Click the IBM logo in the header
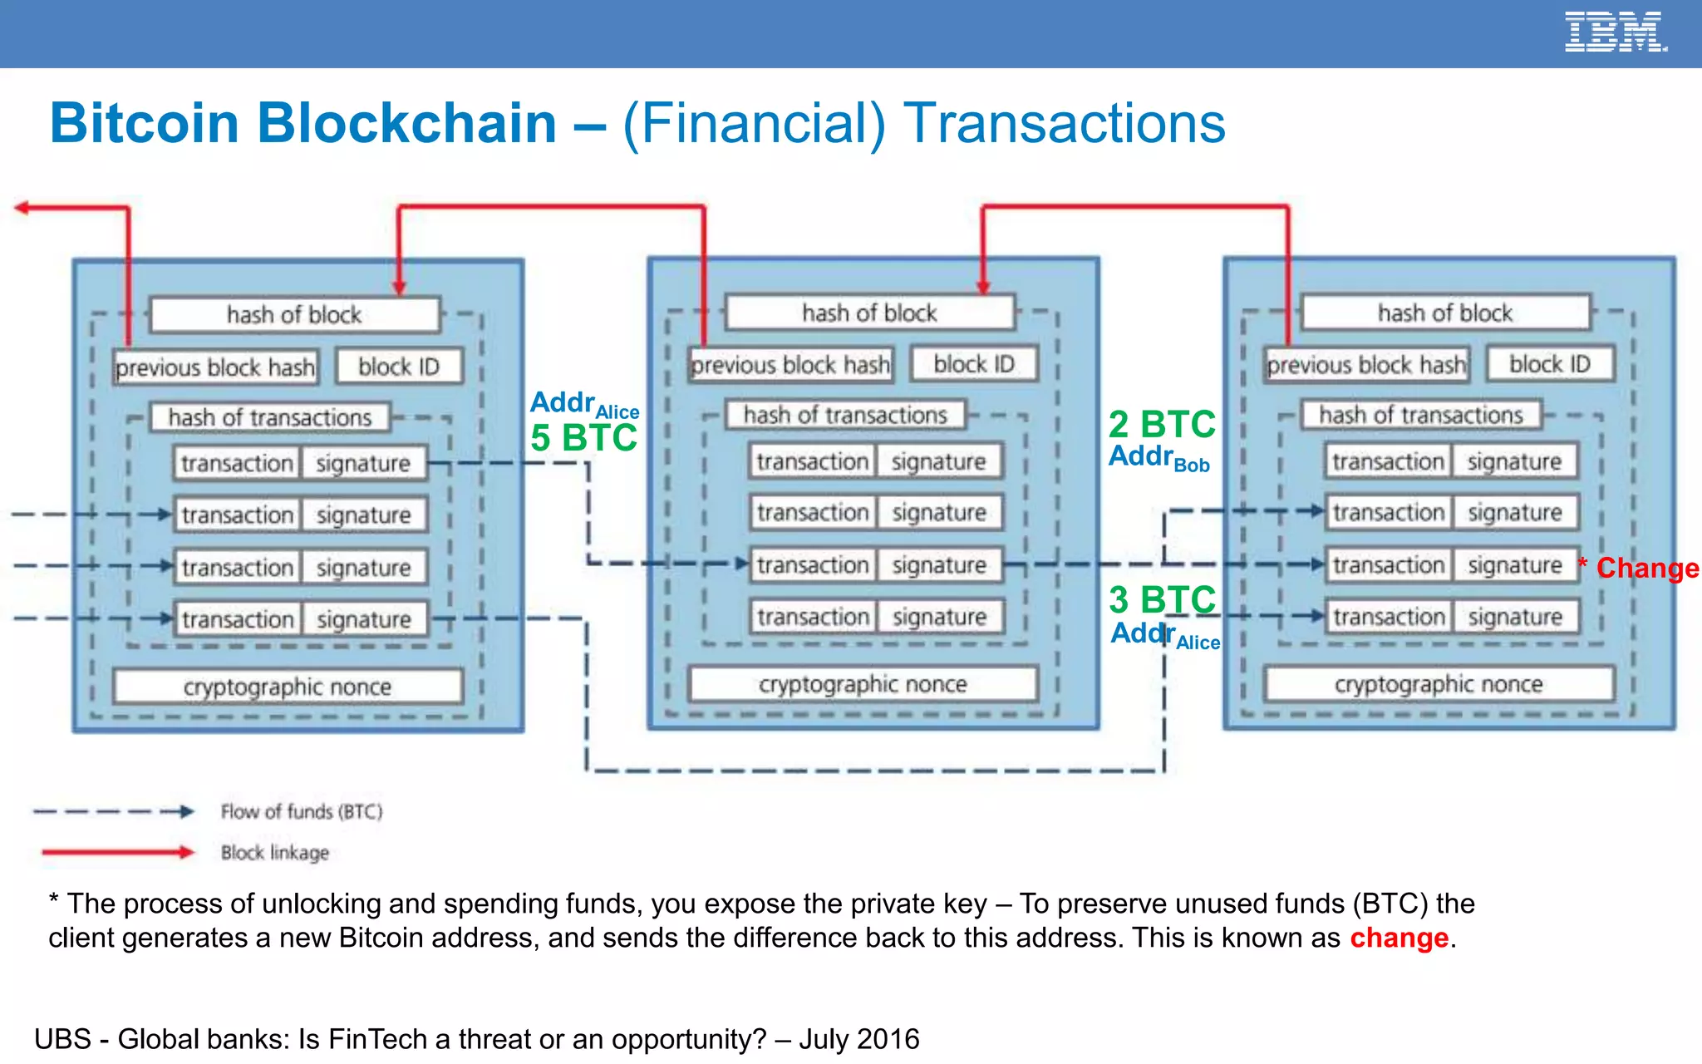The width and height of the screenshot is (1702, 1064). (x=1615, y=32)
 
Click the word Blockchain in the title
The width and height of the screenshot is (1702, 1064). (x=406, y=123)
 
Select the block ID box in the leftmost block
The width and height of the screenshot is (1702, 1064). (x=399, y=367)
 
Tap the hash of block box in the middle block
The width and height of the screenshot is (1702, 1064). (x=869, y=313)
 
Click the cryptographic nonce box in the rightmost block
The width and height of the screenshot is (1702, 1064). (x=1439, y=684)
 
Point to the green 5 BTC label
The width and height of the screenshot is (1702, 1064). (x=583, y=438)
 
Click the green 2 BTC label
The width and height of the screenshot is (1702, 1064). (x=1162, y=425)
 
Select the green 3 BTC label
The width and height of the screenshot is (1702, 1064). (x=1162, y=599)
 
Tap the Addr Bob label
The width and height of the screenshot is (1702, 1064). (x=1158, y=458)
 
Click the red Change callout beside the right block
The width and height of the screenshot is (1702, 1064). (x=1645, y=568)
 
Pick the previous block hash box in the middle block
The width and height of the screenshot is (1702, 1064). (x=790, y=365)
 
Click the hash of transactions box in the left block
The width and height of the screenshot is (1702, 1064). (x=270, y=417)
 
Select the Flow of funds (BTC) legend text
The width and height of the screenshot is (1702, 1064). (x=301, y=811)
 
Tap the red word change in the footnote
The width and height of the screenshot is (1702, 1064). (x=1399, y=938)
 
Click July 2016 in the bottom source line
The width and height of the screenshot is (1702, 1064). (x=859, y=1039)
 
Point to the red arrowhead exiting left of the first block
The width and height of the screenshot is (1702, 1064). (x=22, y=208)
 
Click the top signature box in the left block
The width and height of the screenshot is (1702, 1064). (x=363, y=463)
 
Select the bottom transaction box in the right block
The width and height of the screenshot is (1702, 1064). (x=1389, y=617)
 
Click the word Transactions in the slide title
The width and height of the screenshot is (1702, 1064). (x=1064, y=123)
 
